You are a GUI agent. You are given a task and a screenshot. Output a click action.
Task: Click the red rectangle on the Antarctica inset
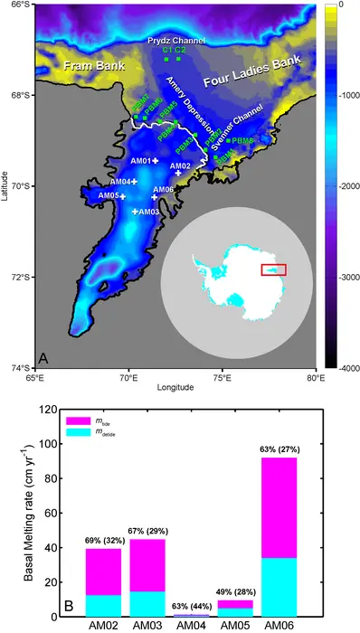point(273,269)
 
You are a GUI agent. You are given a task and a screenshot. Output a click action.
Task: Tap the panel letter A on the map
point(43,357)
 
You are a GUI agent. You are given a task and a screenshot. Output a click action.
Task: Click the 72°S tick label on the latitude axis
point(19,277)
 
